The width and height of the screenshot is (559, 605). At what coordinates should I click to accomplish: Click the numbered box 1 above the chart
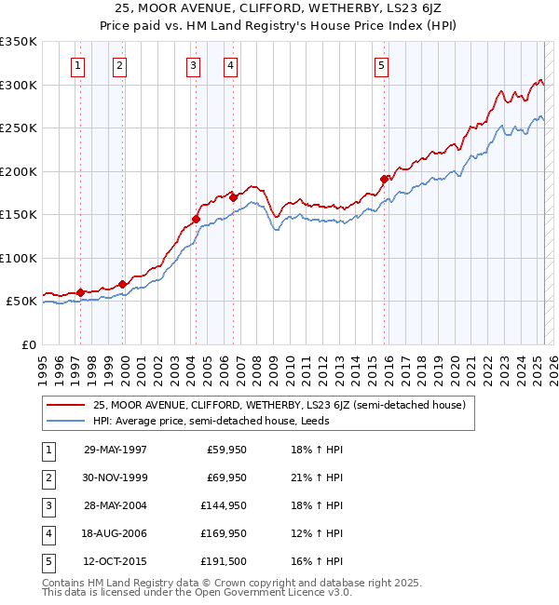click(77, 65)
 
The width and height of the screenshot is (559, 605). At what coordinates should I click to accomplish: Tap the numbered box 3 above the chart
click(192, 65)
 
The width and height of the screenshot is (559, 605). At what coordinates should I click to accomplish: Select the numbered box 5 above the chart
click(382, 65)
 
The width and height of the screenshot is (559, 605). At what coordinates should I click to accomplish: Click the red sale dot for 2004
click(197, 220)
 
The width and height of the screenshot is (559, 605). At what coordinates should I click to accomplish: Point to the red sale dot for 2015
click(384, 179)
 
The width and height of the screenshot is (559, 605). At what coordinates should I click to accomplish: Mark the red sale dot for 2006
click(233, 197)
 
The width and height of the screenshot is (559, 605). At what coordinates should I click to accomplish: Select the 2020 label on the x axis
click(456, 361)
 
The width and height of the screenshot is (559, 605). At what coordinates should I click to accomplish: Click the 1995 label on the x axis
click(43, 361)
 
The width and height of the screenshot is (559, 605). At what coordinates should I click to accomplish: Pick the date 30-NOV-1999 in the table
click(116, 477)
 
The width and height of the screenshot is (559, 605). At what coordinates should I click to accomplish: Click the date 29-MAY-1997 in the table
click(116, 450)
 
